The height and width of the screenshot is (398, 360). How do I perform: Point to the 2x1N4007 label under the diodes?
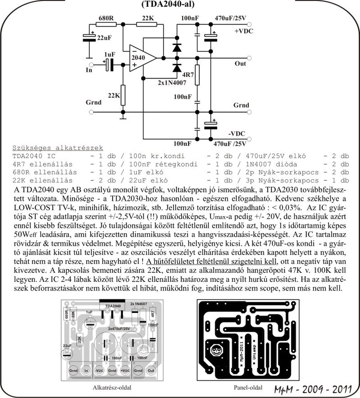pyautogui.click(x=172, y=82)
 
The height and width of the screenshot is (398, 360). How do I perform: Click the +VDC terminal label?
pyautogui.click(x=243, y=31)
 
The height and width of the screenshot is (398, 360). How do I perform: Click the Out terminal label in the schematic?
pyautogui.click(x=240, y=63)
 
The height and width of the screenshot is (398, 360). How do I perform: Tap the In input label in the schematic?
pyautogui.click(x=89, y=70)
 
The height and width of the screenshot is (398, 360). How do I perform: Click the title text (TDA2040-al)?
pyautogui.click(x=169, y=5)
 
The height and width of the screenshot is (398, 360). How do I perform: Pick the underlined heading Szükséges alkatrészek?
pyautogui.click(x=58, y=148)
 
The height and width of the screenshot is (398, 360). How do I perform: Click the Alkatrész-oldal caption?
pyautogui.click(x=112, y=388)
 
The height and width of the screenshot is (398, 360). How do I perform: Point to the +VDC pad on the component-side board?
pyautogui.click(x=125, y=371)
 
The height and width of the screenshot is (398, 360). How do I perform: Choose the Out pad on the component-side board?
pyautogui.click(x=151, y=371)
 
